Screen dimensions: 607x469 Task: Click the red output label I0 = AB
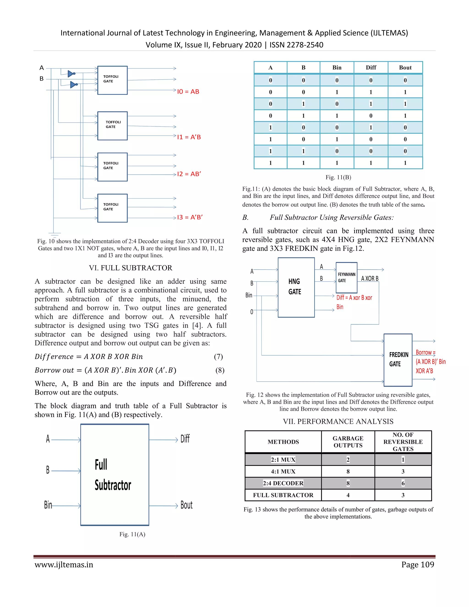[188, 92]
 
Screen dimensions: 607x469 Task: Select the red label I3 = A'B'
[190, 217]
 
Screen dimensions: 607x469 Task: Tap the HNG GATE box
[296, 287]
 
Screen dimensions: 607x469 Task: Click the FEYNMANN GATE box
[346, 277]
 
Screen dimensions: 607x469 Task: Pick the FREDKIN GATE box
[398, 360]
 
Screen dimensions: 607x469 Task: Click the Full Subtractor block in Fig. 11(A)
[115, 475]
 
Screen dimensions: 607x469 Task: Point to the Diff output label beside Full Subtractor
[185, 439]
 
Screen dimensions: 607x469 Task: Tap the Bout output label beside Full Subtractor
[186, 505]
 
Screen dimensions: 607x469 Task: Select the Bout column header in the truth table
[405, 68]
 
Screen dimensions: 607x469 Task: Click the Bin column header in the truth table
[337, 68]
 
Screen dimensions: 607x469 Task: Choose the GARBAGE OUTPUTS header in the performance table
[348, 442]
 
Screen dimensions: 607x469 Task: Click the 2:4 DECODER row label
[283, 483]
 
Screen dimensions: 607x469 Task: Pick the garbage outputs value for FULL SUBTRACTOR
[348, 495]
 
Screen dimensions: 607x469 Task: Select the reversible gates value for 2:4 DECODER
[403, 483]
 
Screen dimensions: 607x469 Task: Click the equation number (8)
[220, 370]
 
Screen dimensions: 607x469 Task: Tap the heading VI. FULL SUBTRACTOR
[131, 268]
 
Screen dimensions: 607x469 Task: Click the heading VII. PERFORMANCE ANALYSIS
[338, 422]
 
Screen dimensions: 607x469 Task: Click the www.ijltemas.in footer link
[64, 565]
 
